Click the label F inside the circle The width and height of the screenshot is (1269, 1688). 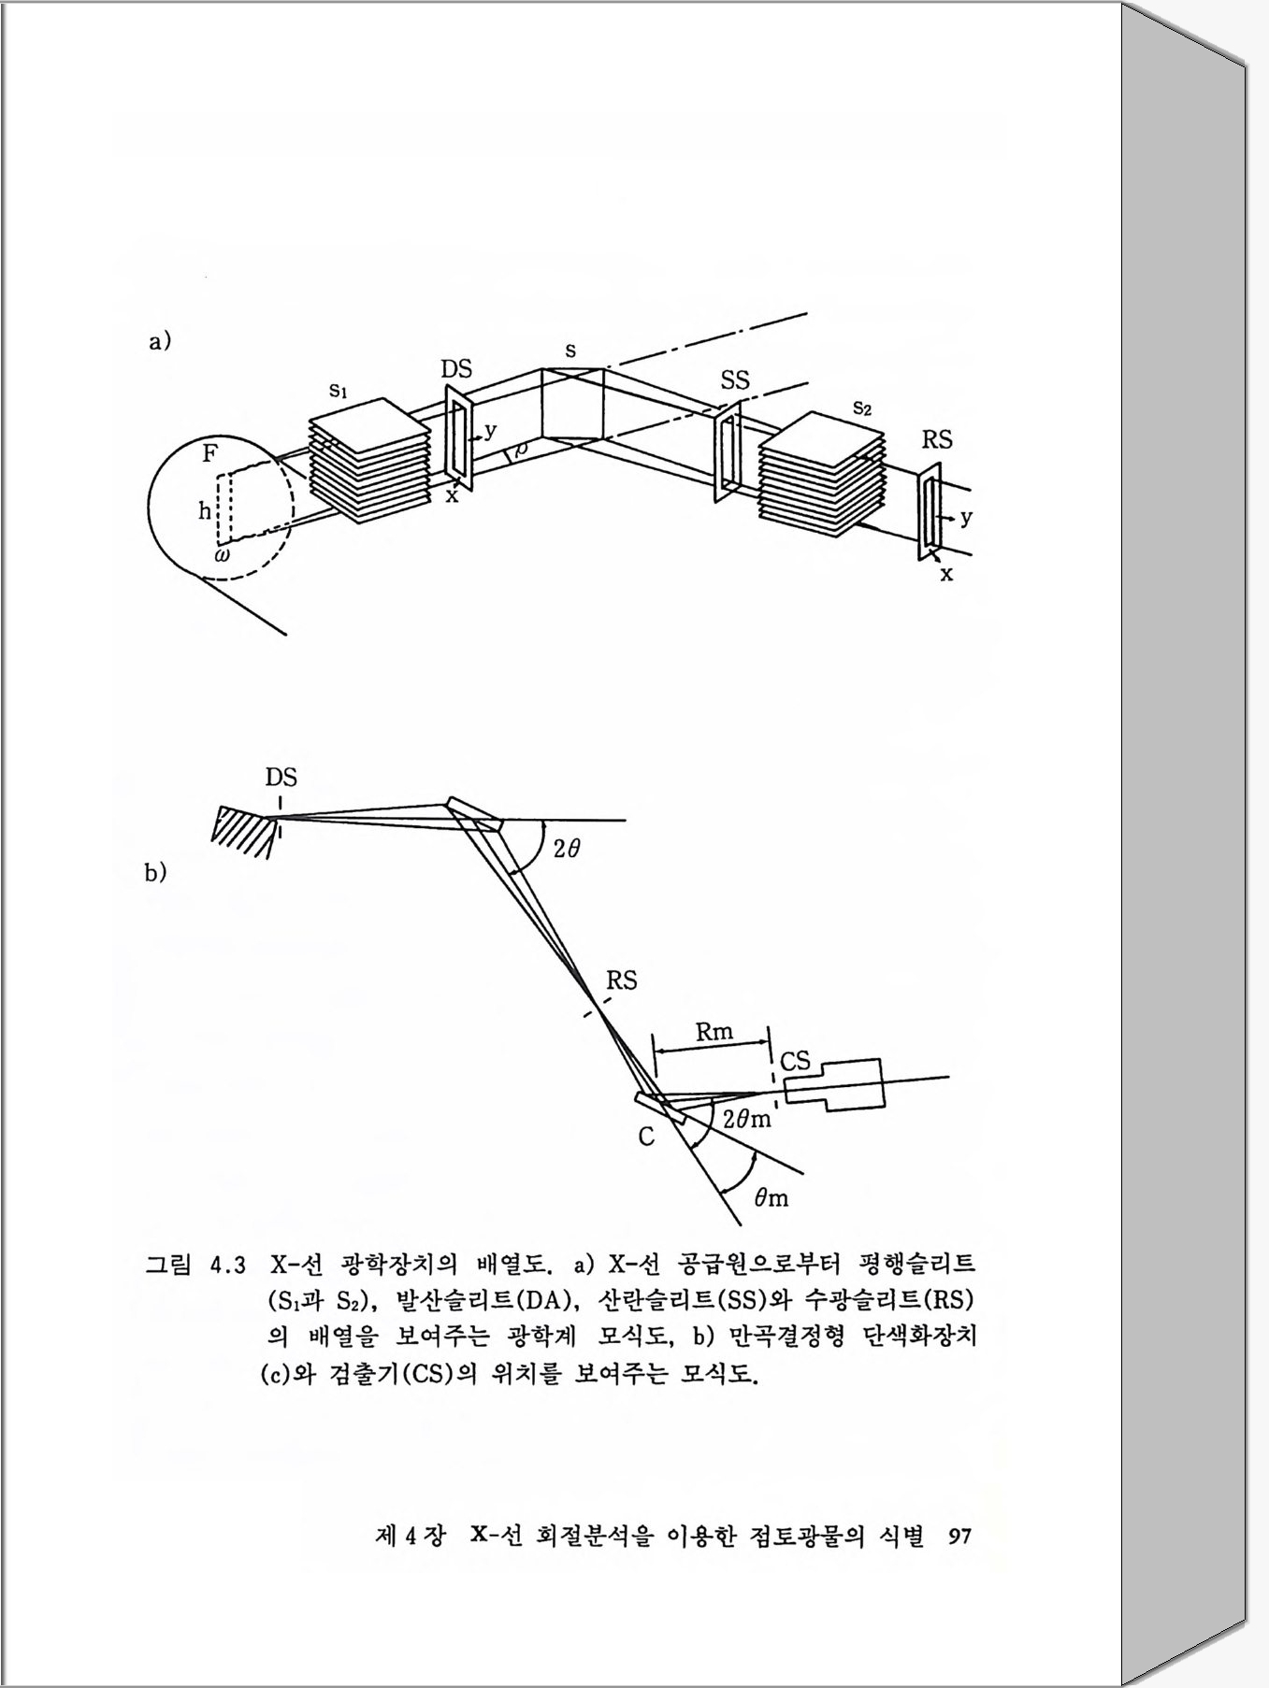point(210,454)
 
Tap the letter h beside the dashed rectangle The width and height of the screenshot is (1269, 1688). point(205,510)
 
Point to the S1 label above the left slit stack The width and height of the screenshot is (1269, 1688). point(339,391)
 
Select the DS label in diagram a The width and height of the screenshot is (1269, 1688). point(456,368)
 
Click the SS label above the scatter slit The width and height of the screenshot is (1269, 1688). point(735,380)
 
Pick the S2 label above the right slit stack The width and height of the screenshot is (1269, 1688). point(862,408)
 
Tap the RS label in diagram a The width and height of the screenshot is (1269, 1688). point(937,439)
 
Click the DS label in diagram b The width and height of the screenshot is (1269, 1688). point(281,777)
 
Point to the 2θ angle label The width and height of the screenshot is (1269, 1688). point(567,849)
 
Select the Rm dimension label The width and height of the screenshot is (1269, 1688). point(714,1033)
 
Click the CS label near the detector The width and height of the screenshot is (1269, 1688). point(795,1061)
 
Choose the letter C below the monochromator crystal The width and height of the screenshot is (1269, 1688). point(645,1137)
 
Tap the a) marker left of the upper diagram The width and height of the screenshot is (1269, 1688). point(160,342)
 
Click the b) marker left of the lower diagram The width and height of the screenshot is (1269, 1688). point(155,873)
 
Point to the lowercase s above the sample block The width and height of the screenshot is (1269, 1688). point(570,352)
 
